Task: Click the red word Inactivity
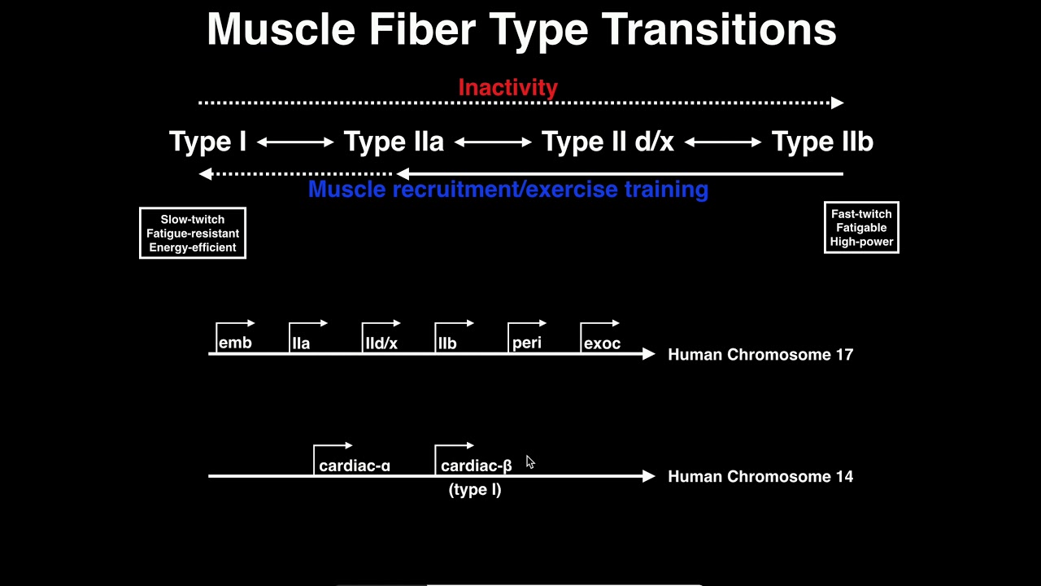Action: [507, 87]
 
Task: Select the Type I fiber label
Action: [207, 142]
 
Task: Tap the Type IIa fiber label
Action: [394, 142]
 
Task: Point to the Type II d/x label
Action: [608, 142]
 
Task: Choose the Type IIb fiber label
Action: [822, 142]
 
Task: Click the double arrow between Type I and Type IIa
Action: [295, 142]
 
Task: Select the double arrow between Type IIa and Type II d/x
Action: [493, 142]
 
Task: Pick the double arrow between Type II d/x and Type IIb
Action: [723, 142]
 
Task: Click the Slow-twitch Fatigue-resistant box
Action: [193, 234]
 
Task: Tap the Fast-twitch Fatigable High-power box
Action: [861, 228]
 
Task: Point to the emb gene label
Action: [235, 343]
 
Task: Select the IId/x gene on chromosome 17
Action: [381, 343]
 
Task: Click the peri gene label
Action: [527, 343]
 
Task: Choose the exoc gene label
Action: [602, 343]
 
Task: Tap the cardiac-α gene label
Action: [355, 466]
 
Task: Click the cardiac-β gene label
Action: [477, 466]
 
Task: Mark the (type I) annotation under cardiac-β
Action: [475, 489]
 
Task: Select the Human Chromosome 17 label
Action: [760, 354]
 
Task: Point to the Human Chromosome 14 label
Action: [760, 476]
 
